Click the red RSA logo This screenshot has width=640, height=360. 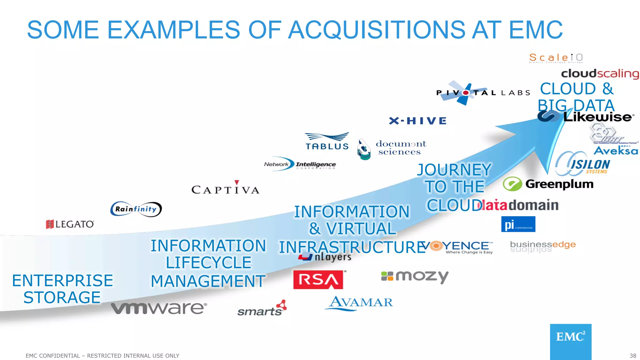318,280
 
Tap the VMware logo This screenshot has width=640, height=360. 159,308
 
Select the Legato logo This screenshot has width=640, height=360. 70,224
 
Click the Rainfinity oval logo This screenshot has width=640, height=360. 136,209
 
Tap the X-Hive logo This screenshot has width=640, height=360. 417,121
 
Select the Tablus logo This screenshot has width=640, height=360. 327,142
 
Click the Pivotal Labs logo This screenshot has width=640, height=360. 483,93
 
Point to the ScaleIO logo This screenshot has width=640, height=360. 556,58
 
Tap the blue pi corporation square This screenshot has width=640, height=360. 518,224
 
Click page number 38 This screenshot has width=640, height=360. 632,356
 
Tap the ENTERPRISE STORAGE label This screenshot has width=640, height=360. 62,289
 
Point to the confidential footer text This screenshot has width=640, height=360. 102,356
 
